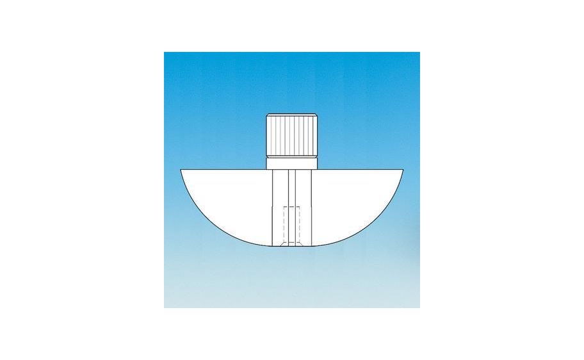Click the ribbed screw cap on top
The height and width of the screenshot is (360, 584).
point(291,136)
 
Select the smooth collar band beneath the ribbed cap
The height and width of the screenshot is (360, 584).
point(291,163)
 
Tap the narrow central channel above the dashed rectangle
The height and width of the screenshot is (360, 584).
point(291,189)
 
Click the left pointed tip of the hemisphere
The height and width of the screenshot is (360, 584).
point(182,170)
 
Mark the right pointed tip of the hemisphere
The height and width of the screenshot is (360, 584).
point(404,170)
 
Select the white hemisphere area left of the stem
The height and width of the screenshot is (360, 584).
point(231,199)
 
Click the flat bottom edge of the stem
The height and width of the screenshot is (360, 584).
point(291,247)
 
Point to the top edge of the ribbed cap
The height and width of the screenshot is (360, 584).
point(291,114)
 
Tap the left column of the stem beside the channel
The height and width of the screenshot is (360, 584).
point(280,205)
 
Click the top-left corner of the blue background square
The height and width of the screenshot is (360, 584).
point(165,53)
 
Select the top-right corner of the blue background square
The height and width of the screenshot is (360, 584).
point(419,53)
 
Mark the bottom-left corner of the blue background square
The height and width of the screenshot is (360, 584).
point(165,307)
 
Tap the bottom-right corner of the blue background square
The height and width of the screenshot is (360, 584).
point(419,307)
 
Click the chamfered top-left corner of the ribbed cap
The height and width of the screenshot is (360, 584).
point(268,116)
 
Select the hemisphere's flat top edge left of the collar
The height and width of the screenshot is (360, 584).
point(224,170)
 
